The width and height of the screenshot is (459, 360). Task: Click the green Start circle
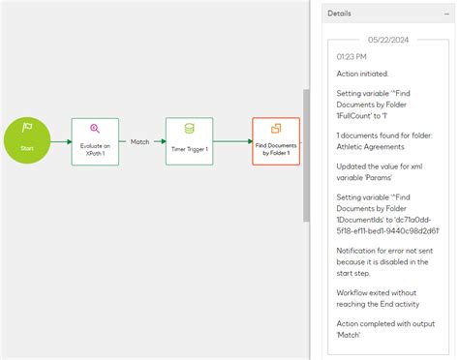click(27, 141)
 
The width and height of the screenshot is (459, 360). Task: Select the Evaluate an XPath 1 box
click(95, 142)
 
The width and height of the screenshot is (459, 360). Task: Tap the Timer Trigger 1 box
click(188, 142)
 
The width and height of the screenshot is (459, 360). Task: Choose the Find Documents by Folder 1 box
click(276, 141)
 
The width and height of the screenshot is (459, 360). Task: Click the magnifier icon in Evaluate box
click(95, 129)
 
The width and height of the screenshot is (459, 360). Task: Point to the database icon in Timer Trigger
click(188, 129)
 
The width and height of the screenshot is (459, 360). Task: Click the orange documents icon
click(276, 129)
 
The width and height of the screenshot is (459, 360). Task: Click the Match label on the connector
click(140, 141)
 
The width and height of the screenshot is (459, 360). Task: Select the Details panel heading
click(340, 14)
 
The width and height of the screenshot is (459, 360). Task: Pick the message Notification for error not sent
click(384, 250)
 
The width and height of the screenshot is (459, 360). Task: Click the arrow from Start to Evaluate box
click(61, 142)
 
